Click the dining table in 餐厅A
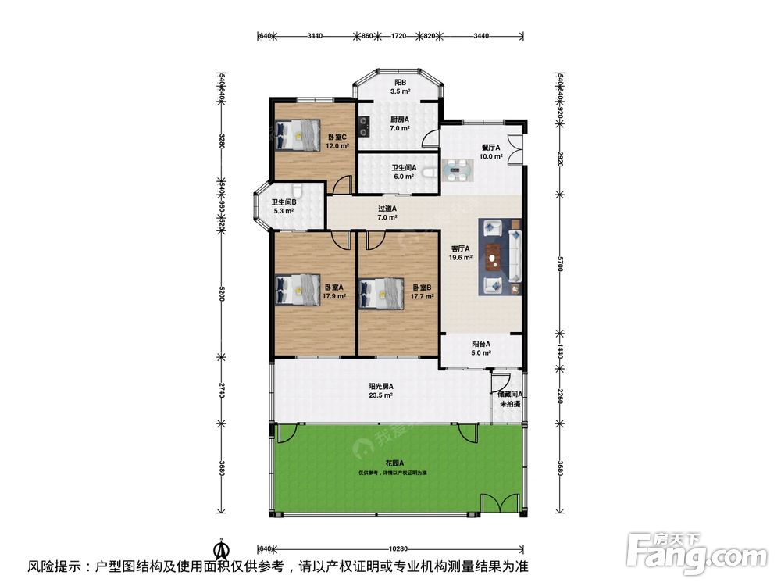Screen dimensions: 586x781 [x=456, y=168]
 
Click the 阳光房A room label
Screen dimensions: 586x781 [x=380, y=386]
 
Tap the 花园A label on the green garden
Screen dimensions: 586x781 [x=394, y=464]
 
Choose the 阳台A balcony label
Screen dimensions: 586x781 [x=480, y=344]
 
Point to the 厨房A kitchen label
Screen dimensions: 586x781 [x=400, y=119]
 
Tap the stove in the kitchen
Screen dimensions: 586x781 [x=364, y=120]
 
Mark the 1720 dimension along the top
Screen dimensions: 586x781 [x=398, y=36]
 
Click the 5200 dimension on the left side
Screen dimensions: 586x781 [x=222, y=294]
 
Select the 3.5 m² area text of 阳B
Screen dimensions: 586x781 [x=400, y=91]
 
